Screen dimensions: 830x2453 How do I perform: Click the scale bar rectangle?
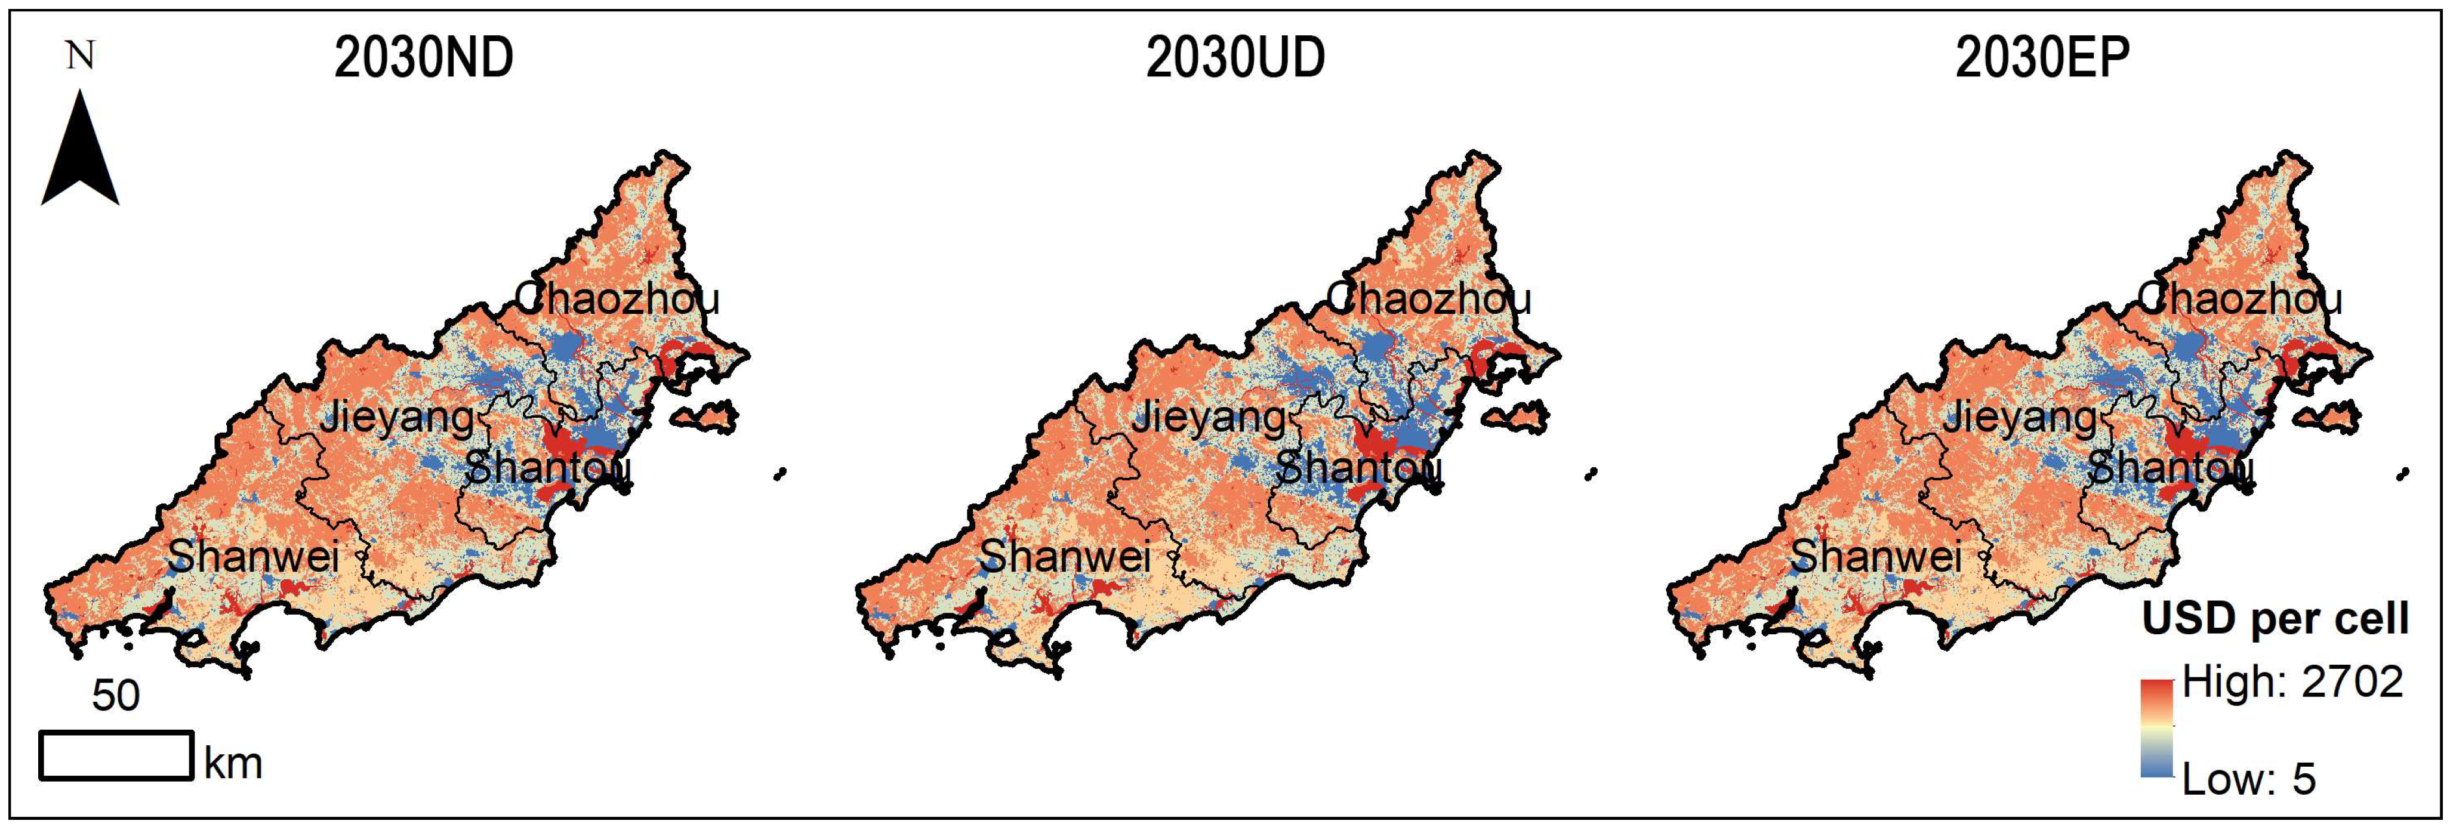point(116,755)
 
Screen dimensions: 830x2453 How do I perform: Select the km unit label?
point(233,763)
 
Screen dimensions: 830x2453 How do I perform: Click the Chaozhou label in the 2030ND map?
point(617,299)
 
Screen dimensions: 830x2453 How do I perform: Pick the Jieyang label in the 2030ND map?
point(396,417)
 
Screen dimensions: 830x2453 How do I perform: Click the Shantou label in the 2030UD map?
point(1359,467)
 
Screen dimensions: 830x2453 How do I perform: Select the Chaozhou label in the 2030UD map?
point(1428,299)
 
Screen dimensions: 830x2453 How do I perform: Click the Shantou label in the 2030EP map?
point(2170,467)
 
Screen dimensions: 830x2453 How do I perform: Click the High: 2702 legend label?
point(2292,681)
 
